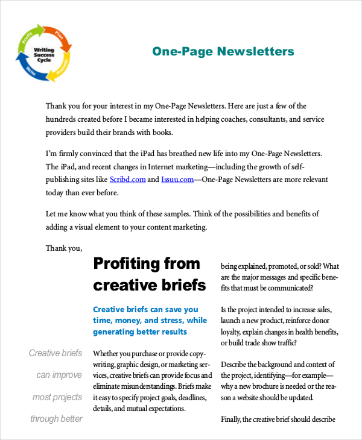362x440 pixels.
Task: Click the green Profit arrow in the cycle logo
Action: click(27, 36)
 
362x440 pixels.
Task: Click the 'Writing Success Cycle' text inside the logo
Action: click(43, 54)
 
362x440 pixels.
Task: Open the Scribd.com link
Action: click(127, 179)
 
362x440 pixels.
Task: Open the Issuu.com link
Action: click(177, 179)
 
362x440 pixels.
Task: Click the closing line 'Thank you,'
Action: click(63, 247)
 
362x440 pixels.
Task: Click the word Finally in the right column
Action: click(235, 420)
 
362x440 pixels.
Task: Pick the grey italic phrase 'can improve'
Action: click(59, 375)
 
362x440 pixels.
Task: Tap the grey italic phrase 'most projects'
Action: click(57, 397)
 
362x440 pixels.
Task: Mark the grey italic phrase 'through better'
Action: click(56, 419)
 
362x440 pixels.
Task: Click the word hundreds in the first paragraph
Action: click(64, 119)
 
